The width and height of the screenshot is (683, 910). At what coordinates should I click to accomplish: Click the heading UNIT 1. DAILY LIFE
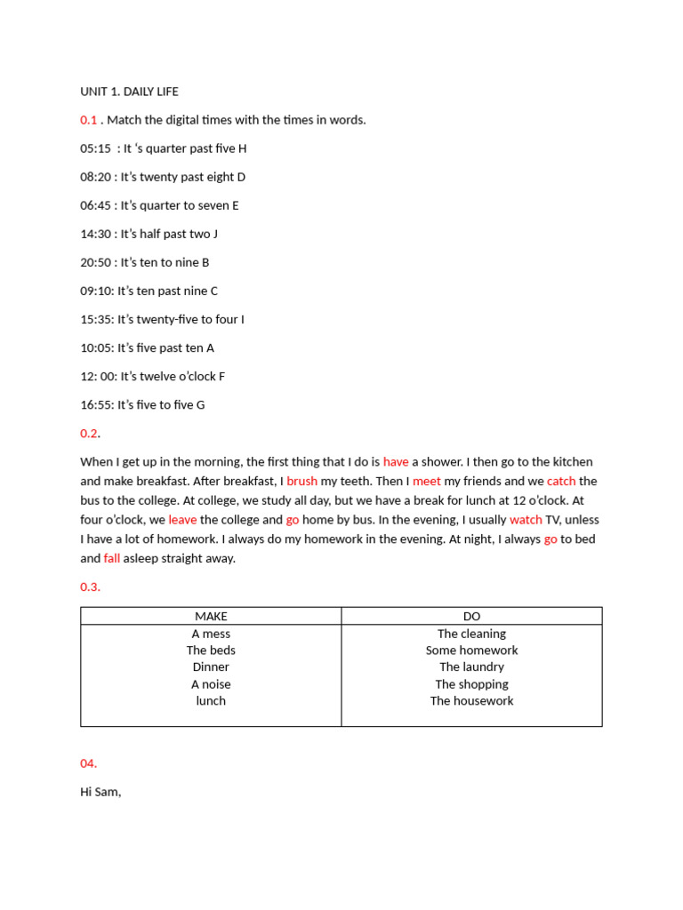tap(129, 92)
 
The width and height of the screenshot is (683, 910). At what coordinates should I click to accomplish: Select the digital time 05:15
tap(95, 148)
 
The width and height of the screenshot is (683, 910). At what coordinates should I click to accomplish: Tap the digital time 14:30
tap(95, 234)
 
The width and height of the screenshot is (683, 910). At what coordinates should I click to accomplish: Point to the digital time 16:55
tap(95, 404)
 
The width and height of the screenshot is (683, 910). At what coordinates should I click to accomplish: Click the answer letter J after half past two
tap(215, 234)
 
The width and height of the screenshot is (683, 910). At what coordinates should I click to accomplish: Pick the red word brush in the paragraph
tap(301, 481)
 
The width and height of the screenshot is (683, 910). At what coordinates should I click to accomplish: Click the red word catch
tap(561, 481)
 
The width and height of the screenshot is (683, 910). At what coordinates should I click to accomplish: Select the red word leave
tap(182, 520)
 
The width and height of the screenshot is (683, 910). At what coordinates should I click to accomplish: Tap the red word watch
tap(526, 520)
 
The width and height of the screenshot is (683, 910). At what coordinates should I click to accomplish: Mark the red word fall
tap(112, 559)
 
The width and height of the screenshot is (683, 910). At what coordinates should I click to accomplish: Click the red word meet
tap(427, 481)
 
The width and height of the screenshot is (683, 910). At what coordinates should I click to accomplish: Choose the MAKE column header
tap(211, 617)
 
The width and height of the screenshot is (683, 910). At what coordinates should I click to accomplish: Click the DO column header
tap(471, 617)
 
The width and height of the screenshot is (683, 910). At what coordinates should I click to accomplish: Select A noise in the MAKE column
tap(211, 684)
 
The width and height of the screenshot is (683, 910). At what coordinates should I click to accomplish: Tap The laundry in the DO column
tap(471, 667)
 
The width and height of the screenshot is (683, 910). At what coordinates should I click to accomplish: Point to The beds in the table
tap(211, 651)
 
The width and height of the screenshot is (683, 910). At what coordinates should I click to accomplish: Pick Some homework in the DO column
tap(471, 651)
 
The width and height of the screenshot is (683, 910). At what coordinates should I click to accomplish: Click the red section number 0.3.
tap(90, 587)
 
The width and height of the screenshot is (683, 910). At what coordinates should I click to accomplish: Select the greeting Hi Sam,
tap(100, 792)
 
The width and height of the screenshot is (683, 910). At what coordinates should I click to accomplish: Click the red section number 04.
tap(88, 763)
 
